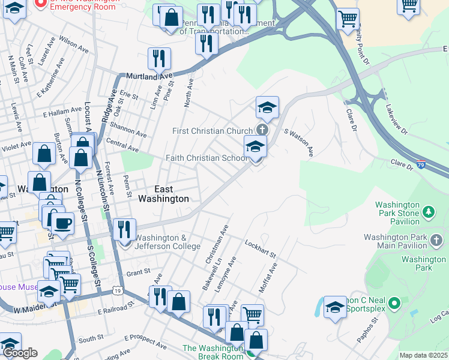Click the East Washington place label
click(163, 193)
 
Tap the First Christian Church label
click(212, 131)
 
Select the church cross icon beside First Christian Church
click(262, 130)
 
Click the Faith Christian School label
click(206, 158)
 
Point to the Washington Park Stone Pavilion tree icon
click(429, 211)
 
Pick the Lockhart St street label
click(260, 249)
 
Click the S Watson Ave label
click(299, 142)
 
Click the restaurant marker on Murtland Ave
click(160, 58)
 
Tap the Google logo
click(20, 353)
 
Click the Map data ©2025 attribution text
click(423, 355)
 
